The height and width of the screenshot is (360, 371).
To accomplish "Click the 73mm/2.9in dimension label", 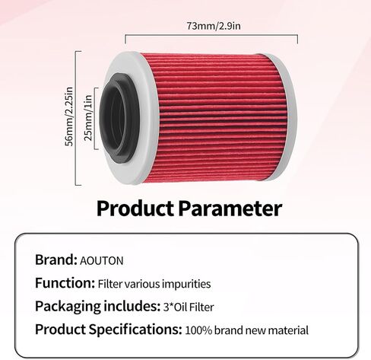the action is [214, 26].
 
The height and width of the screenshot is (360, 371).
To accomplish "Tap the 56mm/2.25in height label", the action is [69, 116].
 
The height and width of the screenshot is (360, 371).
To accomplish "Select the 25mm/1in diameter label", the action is [88, 118].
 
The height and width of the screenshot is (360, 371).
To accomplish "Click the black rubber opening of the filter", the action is [119, 117].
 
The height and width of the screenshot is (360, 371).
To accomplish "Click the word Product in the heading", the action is [135, 209].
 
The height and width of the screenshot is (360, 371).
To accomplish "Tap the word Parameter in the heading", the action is [230, 209].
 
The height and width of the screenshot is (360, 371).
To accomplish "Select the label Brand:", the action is [56, 260].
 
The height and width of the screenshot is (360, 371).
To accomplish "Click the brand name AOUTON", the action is [102, 261].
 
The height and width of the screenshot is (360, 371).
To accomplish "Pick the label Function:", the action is [65, 283].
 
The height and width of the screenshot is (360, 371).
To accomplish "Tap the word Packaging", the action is [68, 307].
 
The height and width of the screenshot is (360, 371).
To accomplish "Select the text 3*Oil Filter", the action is [189, 307].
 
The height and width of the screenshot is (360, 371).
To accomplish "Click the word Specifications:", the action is [135, 330].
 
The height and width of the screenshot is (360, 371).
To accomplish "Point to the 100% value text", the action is [198, 330].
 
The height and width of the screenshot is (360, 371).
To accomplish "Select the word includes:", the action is [131, 306].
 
